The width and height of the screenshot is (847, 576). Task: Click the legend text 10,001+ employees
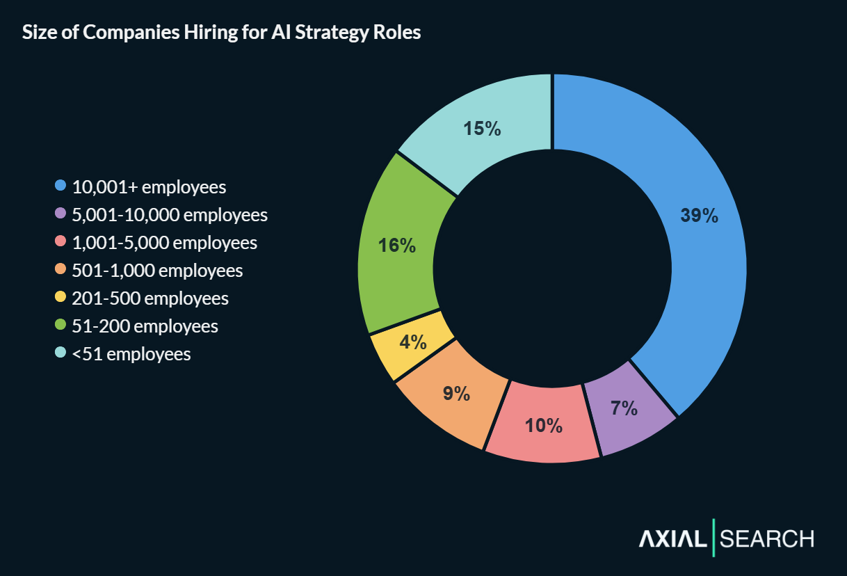(x=149, y=187)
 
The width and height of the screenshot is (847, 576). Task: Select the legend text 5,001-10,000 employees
(x=170, y=215)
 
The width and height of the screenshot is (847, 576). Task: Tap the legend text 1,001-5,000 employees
(x=164, y=243)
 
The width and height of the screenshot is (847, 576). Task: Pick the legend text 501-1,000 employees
(x=157, y=271)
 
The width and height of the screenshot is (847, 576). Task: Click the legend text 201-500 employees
(x=150, y=298)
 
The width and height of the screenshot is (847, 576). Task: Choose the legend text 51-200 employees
(x=145, y=326)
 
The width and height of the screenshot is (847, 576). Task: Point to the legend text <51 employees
(x=131, y=354)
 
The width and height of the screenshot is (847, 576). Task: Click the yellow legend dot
(x=60, y=298)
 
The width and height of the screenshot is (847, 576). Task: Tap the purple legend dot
(x=60, y=214)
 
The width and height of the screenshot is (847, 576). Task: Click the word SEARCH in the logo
(x=767, y=538)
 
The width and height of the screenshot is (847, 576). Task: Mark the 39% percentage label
(x=699, y=216)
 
